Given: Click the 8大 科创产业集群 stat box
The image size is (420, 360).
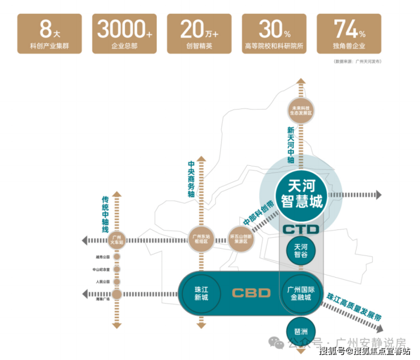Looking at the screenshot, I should [49, 34].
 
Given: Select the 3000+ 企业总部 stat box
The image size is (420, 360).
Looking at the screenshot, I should [125, 34].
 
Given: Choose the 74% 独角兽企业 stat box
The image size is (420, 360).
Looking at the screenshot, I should [349, 34].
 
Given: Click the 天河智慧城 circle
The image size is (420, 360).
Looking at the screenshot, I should [301, 193].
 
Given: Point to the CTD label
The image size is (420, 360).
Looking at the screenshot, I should [301, 230].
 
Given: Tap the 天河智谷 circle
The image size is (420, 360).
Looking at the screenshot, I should [301, 250].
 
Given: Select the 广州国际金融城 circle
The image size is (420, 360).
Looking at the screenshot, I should [301, 293].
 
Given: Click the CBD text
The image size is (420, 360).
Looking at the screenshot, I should [251, 293].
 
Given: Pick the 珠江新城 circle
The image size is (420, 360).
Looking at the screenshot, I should [201, 293].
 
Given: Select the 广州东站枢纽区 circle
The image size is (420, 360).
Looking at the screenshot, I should [201, 238].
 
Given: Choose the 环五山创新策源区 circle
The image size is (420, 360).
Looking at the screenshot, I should [242, 238].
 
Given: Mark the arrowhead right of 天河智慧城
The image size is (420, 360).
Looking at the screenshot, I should [379, 194].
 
